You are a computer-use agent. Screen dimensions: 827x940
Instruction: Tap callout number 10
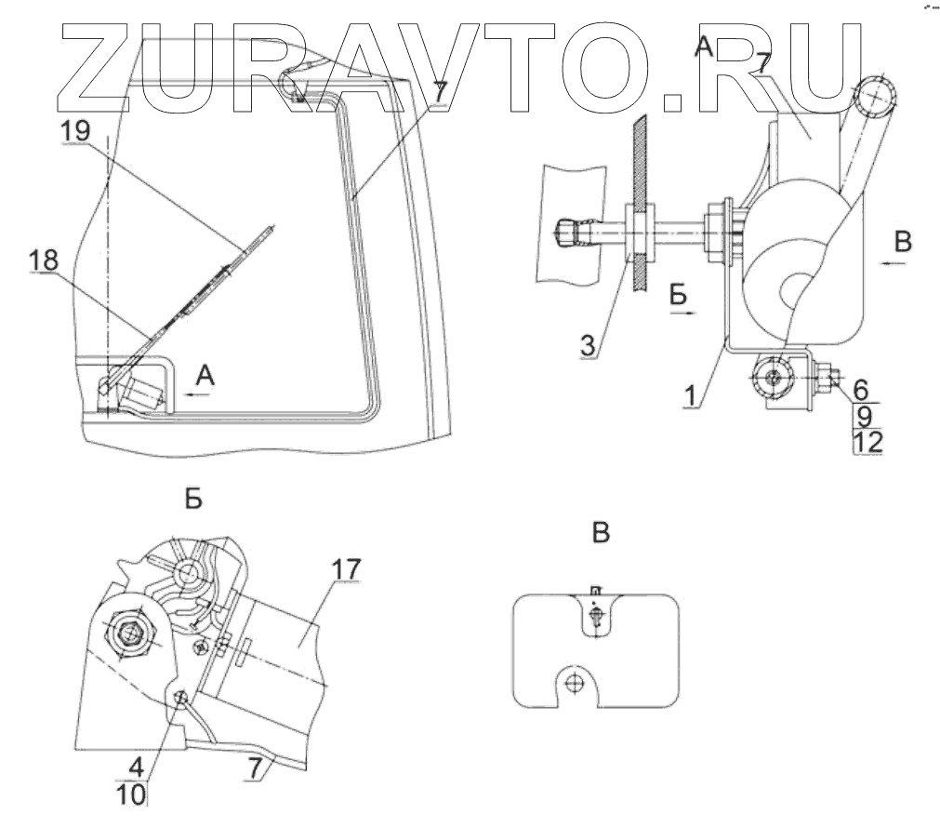[136, 796]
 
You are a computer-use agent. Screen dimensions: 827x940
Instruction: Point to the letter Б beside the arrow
[679, 296]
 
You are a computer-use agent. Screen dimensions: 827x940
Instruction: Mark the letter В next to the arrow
[903, 242]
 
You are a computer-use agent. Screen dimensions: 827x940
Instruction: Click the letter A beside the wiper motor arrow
[205, 375]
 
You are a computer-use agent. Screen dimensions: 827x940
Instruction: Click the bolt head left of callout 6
[825, 379]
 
